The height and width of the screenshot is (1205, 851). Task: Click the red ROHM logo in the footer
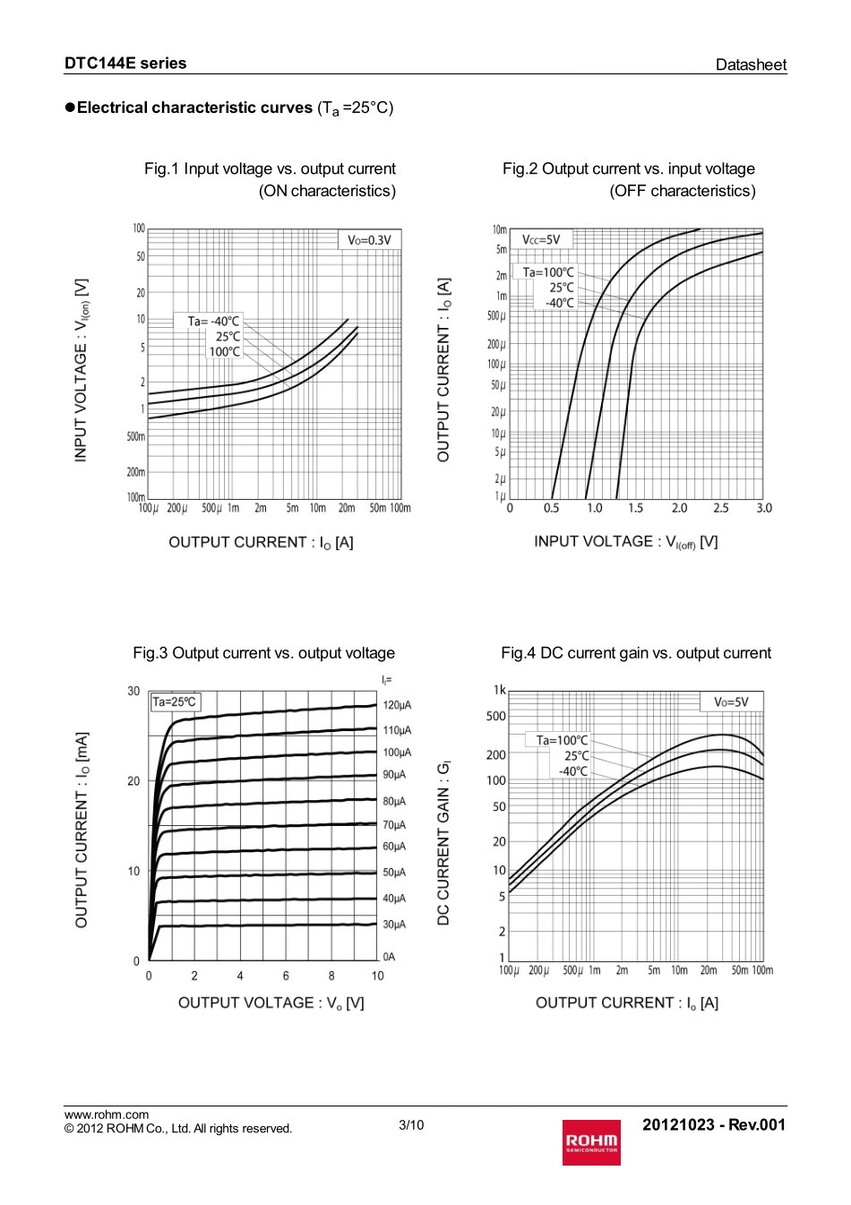[591, 1142]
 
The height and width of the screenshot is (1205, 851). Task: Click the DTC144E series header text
[125, 64]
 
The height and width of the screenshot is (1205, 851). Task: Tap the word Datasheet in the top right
[751, 65]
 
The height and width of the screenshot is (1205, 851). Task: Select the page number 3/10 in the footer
[411, 1125]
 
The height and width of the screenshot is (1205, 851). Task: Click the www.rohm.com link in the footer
[107, 1115]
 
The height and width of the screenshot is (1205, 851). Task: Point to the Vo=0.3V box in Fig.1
[369, 240]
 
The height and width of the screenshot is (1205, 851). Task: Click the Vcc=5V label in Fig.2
[541, 239]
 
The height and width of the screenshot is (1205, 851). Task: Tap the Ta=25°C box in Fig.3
[175, 701]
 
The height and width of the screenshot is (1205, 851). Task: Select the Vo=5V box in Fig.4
[731, 701]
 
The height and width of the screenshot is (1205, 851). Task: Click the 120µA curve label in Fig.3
[397, 705]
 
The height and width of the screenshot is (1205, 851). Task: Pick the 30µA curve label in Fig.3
[394, 925]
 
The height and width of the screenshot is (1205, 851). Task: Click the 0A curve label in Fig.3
[389, 957]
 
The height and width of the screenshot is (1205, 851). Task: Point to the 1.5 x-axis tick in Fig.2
[635, 508]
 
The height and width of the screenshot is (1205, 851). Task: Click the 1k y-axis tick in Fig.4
[500, 690]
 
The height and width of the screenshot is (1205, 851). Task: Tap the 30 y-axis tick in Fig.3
[133, 691]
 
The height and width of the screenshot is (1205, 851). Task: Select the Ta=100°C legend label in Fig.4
[562, 740]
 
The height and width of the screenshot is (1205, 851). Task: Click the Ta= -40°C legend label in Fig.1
[213, 321]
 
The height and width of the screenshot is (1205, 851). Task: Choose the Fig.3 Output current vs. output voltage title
[263, 653]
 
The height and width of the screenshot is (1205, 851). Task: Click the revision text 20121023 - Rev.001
[713, 1125]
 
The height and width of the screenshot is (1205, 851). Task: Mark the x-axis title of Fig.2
[625, 542]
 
